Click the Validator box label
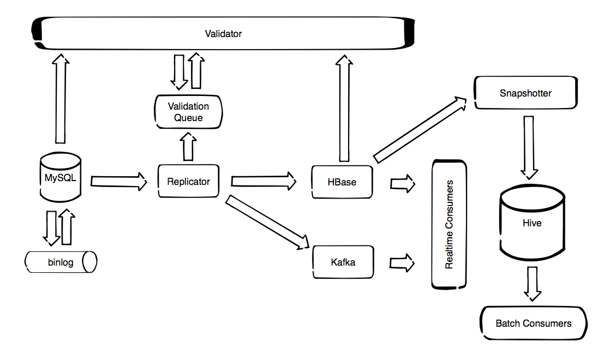click(x=223, y=34)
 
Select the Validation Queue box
click(x=188, y=112)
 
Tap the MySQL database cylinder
click(x=61, y=178)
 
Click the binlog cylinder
click(x=61, y=262)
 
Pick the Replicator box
click(x=188, y=182)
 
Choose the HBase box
click(x=342, y=182)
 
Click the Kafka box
click(x=342, y=262)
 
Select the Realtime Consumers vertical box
click(x=449, y=224)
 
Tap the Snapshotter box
click(x=525, y=93)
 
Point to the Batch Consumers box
click(x=533, y=323)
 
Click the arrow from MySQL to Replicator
click(x=119, y=181)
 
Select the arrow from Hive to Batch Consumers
click(x=533, y=283)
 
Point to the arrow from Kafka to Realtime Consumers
click(x=402, y=262)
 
